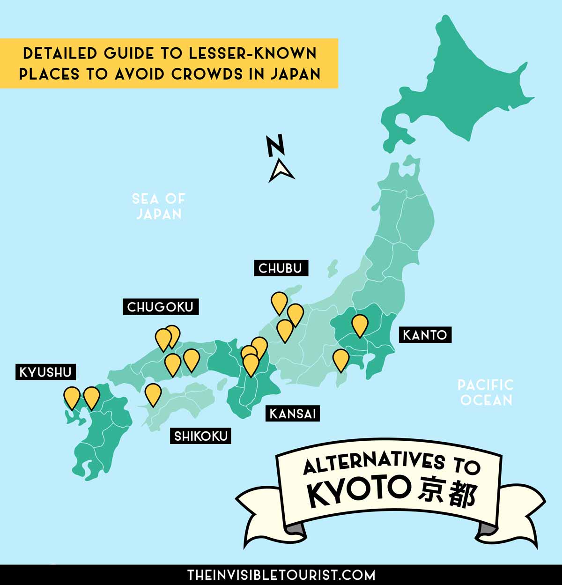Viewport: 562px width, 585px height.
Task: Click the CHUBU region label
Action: point(281,268)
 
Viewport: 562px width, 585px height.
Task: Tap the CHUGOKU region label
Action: point(160,307)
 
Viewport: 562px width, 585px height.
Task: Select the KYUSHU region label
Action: point(45,372)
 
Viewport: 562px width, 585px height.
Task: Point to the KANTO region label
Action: point(425,335)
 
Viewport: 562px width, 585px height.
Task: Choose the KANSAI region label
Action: point(293,414)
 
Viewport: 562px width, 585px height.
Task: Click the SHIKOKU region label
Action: point(201,436)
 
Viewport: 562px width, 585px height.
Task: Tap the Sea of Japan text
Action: point(158,206)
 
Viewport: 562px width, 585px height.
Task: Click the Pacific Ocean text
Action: point(486,392)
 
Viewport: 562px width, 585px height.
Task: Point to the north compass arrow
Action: point(281,170)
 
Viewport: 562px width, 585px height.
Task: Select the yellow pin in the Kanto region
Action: point(360,325)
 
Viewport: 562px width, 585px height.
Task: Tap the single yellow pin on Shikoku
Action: point(153,393)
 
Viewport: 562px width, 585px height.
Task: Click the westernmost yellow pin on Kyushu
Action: point(72,396)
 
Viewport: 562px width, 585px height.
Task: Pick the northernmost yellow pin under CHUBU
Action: point(279,302)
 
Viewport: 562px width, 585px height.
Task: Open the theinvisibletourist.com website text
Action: point(281,575)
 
